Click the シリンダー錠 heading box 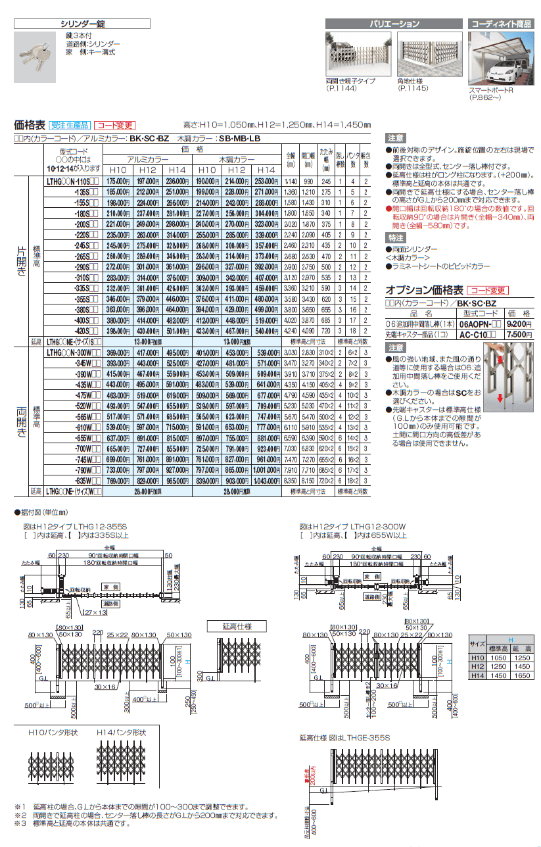[x=83, y=24]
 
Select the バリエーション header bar [x=394, y=24]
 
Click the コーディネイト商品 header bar [x=501, y=24]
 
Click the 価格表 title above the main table [x=28, y=124]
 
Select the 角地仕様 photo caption [x=410, y=81]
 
